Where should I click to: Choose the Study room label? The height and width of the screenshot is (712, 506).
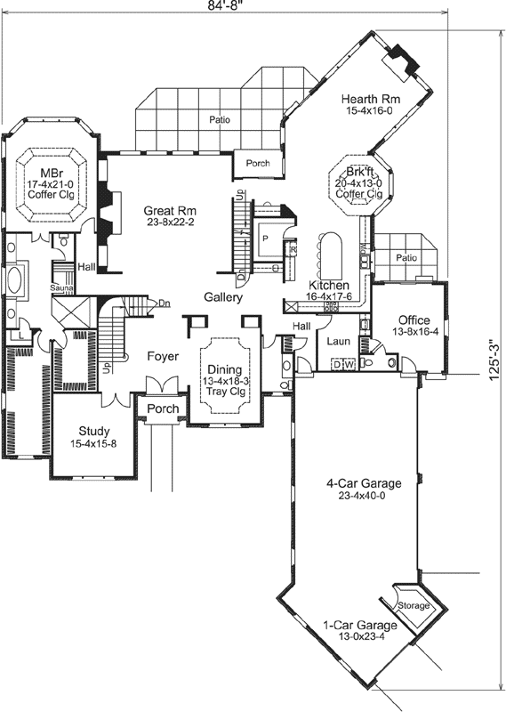point(93,430)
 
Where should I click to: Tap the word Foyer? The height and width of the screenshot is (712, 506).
point(163,357)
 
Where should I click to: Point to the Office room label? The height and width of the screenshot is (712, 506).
point(414,320)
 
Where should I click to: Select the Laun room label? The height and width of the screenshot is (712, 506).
point(338,340)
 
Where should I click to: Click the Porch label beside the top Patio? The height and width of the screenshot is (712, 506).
point(258,164)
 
